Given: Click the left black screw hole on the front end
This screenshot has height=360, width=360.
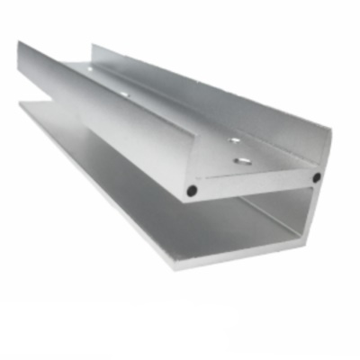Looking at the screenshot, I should [x=191, y=191].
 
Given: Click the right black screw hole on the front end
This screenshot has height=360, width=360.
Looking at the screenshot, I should [x=316, y=177].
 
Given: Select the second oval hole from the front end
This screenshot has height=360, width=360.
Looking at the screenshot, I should [x=233, y=140].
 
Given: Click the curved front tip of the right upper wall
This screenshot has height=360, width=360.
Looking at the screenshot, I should [x=327, y=135].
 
